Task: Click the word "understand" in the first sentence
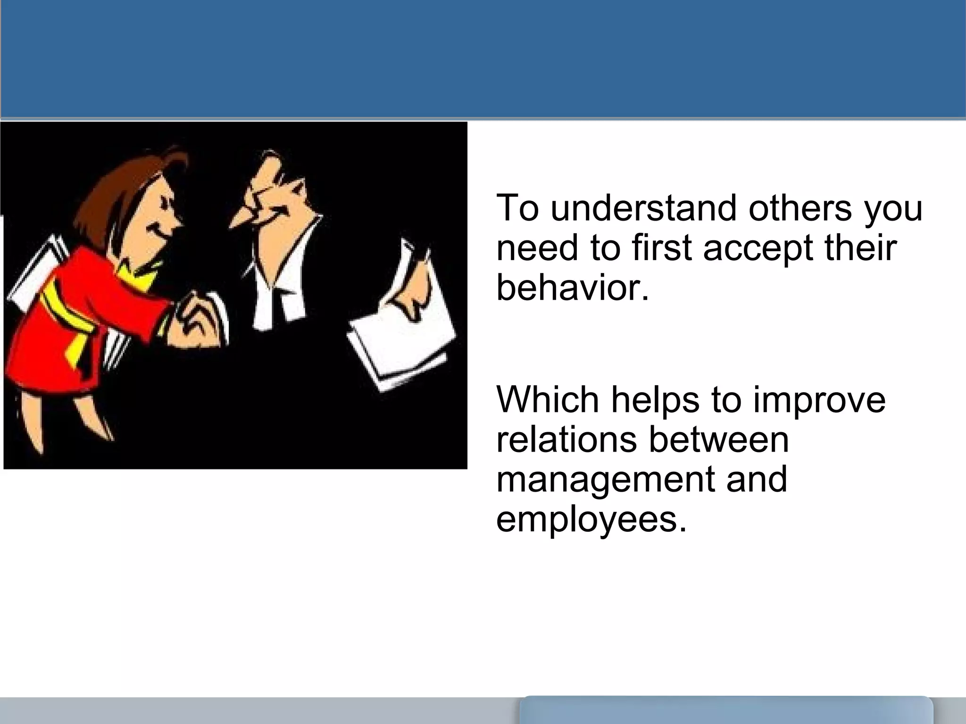click(643, 208)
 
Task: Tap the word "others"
click(800, 208)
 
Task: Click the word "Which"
click(548, 400)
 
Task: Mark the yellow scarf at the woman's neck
click(137, 276)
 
